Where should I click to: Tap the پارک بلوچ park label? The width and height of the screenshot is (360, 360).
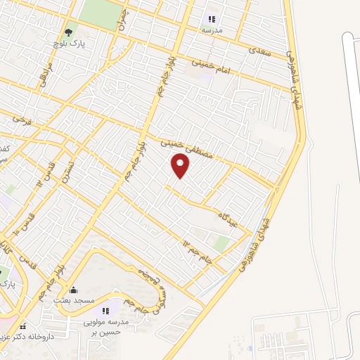click(67, 44)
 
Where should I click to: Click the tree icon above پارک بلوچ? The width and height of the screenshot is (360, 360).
click(68, 32)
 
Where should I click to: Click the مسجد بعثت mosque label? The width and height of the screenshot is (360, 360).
click(73, 300)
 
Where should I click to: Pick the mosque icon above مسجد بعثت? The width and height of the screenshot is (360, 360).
click(73, 289)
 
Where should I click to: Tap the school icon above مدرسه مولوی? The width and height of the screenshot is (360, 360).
click(105, 310)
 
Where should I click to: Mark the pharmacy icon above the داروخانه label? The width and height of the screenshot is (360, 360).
click(22, 326)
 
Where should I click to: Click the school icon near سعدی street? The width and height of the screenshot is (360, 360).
click(212, 19)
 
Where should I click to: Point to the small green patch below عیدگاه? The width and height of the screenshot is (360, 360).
click(222, 243)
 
